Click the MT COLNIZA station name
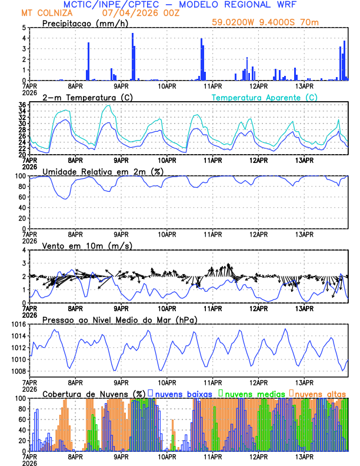(x=46, y=12)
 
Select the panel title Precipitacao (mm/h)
(x=84, y=23)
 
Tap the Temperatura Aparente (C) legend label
(x=264, y=97)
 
